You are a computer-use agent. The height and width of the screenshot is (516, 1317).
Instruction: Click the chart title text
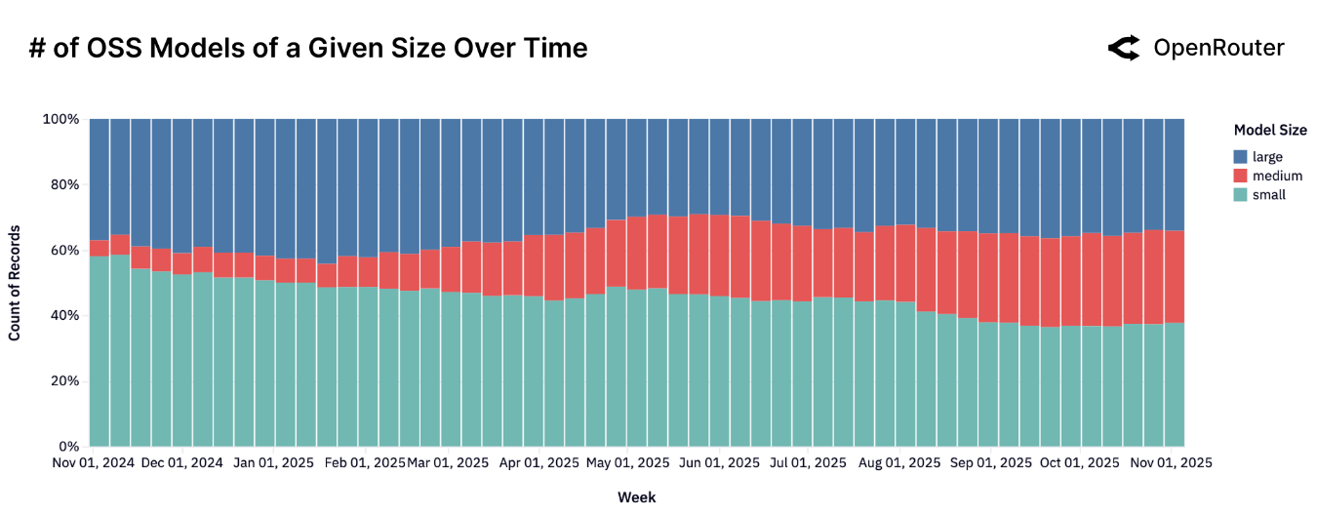(x=308, y=48)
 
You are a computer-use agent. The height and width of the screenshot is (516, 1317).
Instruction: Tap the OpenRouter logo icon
(x=1124, y=48)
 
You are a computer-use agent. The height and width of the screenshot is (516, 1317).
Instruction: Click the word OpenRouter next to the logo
(x=1218, y=48)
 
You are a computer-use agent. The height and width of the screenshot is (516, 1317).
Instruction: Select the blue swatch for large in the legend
(x=1240, y=156)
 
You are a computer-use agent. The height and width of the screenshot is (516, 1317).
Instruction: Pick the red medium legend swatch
(x=1240, y=176)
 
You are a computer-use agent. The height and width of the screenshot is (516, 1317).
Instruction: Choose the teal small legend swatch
(x=1240, y=195)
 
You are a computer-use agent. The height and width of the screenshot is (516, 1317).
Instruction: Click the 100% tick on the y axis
(x=60, y=119)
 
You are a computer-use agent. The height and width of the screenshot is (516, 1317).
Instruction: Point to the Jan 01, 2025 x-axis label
(x=274, y=463)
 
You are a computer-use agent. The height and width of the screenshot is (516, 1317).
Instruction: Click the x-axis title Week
(x=636, y=497)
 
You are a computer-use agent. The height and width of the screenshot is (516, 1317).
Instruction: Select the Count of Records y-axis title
(x=15, y=283)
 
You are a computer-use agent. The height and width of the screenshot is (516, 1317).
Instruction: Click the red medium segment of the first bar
(x=100, y=249)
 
